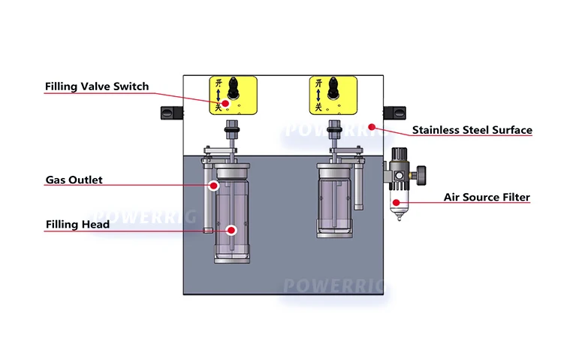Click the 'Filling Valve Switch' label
(x=97, y=86)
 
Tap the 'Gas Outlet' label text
(x=74, y=180)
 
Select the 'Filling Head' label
(x=77, y=224)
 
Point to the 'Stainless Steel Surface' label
(x=472, y=130)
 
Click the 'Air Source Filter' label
(x=487, y=198)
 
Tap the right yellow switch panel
(x=330, y=95)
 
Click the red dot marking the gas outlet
(x=214, y=184)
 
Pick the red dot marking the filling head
(x=232, y=230)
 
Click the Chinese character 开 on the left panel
(x=218, y=83)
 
